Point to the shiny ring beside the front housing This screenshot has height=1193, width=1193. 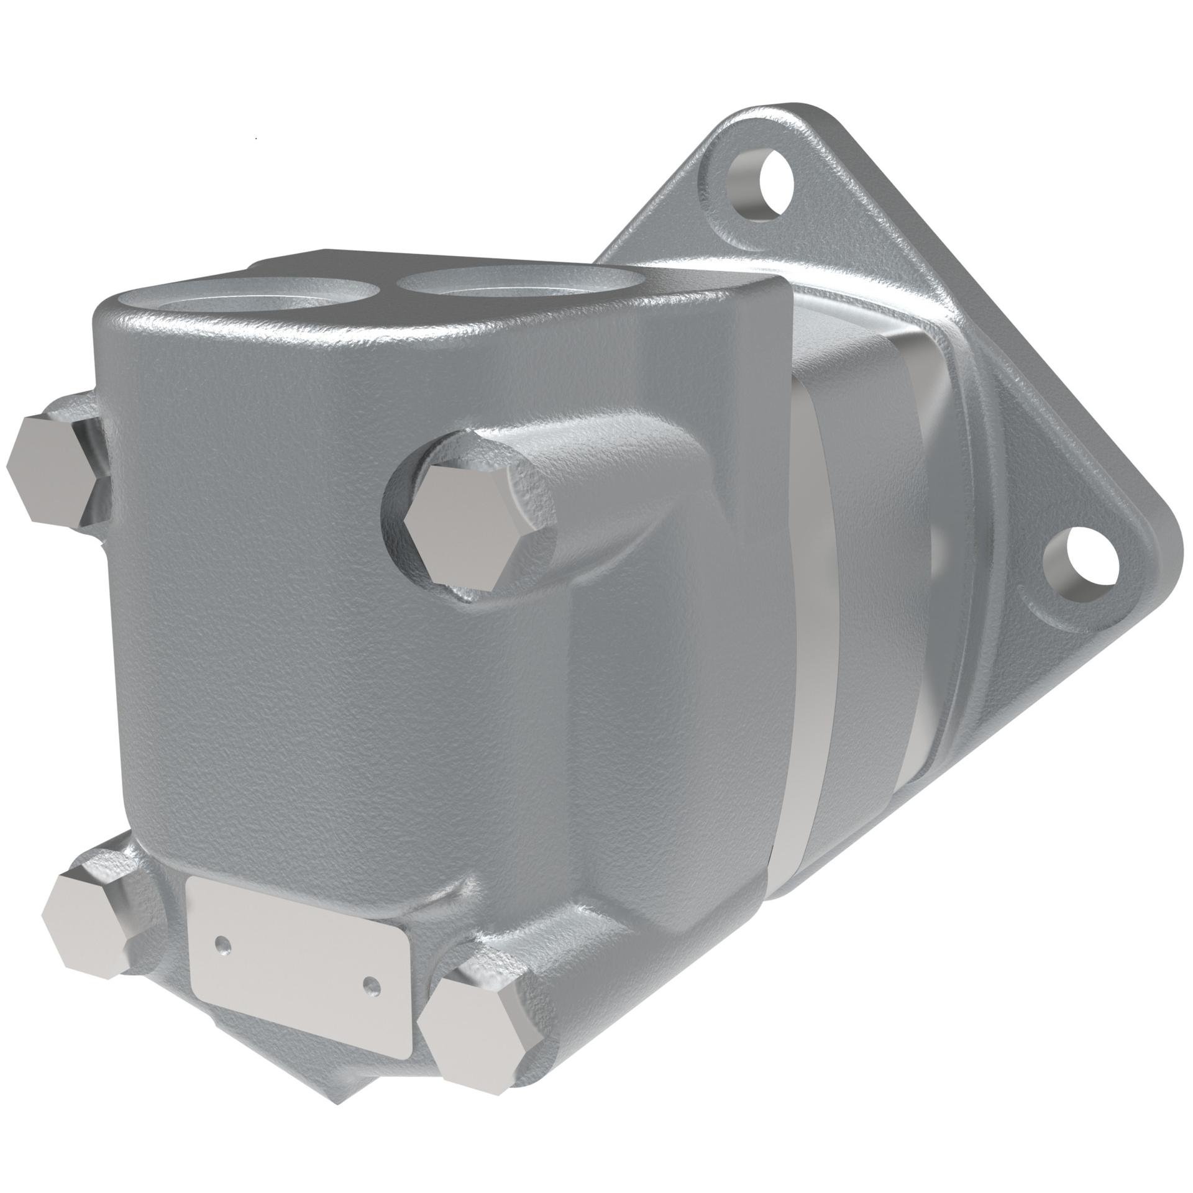coord(808,621)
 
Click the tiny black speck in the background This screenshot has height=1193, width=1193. coord(257,137)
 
